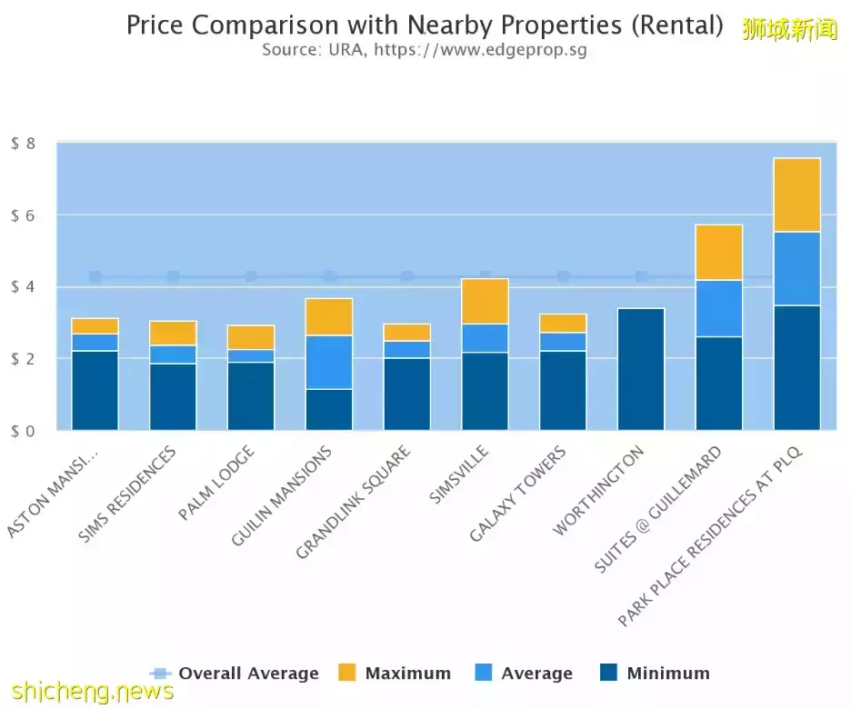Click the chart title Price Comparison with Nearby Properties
pyautogui.click(x=425, y=25)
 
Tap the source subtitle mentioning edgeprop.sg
pyautogui.click(x=425, y=50)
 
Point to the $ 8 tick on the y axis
pyautogui.click(x=24, y=144)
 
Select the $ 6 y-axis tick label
pyautogui.click(x=24, y=215)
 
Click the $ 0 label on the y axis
pyautogui.click(x=24, y=431)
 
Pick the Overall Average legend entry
pyautogui.click(x=234, y=674)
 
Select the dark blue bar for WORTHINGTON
pyautogui.click(x=641, y=369)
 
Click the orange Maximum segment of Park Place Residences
pyautogui.click(x=797, y=195)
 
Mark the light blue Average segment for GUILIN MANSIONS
pyautogui.click(x=329, y=362)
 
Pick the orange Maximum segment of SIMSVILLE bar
pyautogui.click(x=486, y=301)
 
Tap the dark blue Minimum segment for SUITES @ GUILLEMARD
pyautogui.click(x=719, y=384)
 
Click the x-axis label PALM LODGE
pyautogui.click(x=216, y=484)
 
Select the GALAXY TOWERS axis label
pyautogui.click(x=518, y=494)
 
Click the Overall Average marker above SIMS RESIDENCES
pyautogui.click(x=173, y=276)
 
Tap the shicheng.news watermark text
pyautogui.click(x=87, y=693)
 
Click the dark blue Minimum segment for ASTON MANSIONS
pyautogui.click(x=95, y=391)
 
